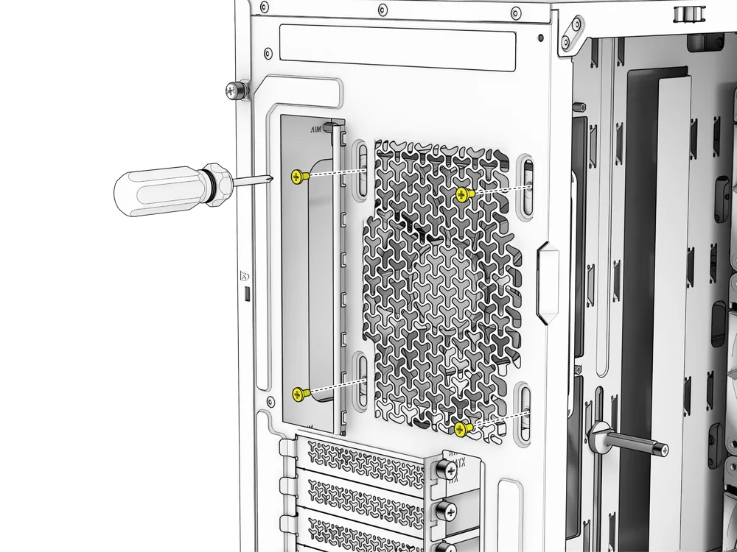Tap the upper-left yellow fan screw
[x=298, y=176]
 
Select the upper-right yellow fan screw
[x=463, y=194]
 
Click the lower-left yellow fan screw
[x=298, y=394]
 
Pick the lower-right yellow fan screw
[x=467, y=427]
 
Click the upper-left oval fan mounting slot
[x=362, y=171]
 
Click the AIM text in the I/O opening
[x=318, y=130]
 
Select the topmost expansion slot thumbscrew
[x=446, y=468]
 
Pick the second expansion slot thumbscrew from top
[x=447, y=509]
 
